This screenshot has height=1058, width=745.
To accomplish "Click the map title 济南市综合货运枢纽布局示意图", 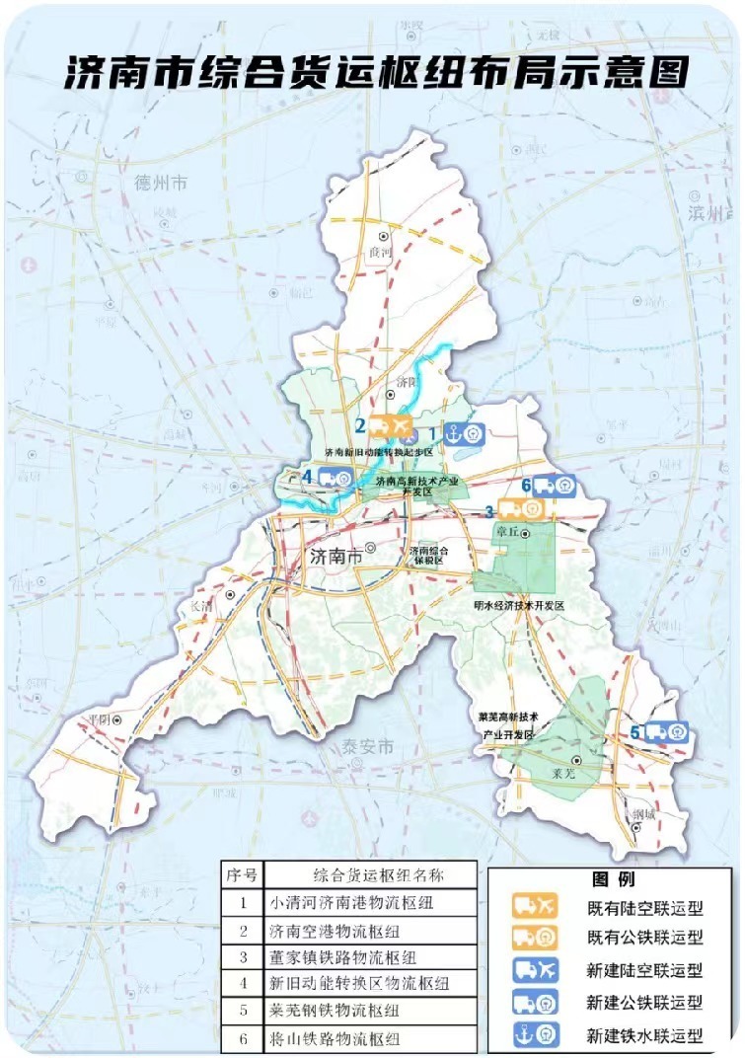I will (x=375, y=73).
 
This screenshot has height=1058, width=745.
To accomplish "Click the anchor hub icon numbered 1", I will (x=463, y=433).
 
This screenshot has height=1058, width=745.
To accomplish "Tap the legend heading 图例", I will (x=613, y=878).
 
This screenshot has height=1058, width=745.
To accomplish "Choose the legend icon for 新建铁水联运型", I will (x=536, y=1035).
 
